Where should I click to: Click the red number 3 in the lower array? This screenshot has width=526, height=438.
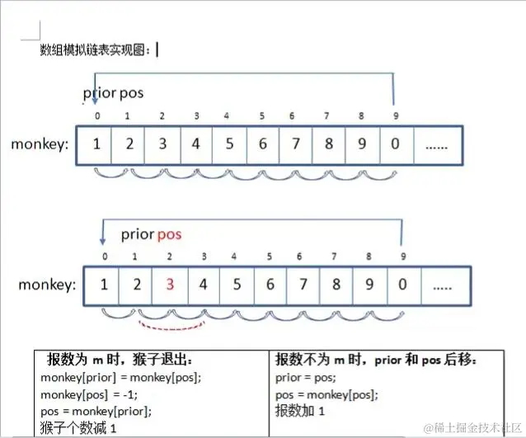click(x=170, y=285)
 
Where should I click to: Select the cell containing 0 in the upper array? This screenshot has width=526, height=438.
click(x=396, y=144)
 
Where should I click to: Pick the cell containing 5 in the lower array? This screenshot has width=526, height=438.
click(x=237, y=285)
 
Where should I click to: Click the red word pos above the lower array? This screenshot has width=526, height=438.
click(x=169, y=234)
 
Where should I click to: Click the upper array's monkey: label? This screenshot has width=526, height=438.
click(x=40, y=144)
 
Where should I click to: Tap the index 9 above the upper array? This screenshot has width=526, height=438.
click(x=395, y=116)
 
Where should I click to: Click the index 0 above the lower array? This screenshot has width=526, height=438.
click(x=104, y=257)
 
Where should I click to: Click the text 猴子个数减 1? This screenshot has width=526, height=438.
click(x=78, y=427)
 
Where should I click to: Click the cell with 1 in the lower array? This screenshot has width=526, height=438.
click(x=104, y=285)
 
